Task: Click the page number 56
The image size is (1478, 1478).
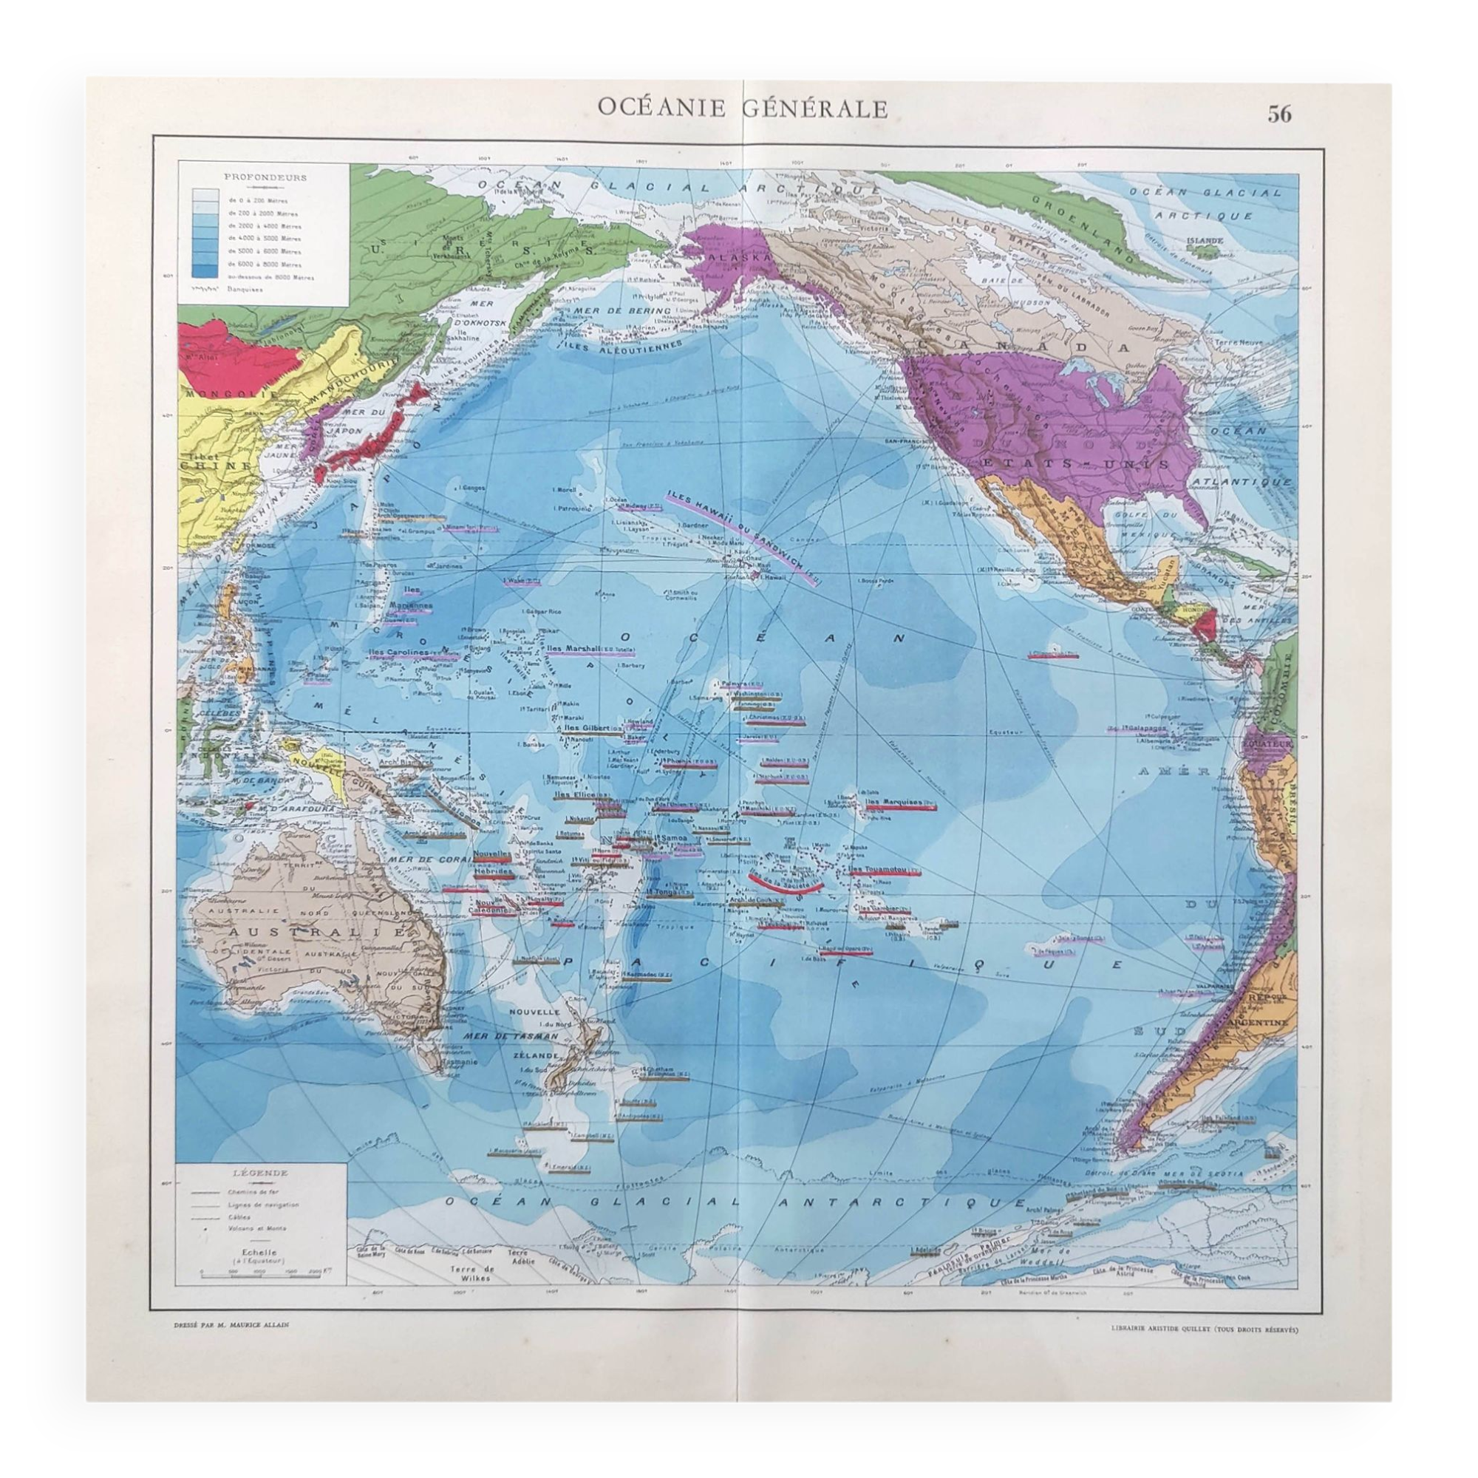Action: (1280, 114)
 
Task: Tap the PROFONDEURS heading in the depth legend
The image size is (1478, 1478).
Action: (265, 177)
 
